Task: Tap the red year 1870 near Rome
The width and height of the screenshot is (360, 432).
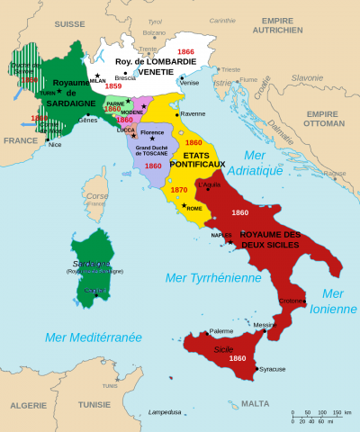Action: point(179,190)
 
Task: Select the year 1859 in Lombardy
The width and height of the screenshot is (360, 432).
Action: point(113,86)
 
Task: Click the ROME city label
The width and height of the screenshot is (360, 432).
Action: point(194,208)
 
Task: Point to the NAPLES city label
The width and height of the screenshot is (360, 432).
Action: point(221,235)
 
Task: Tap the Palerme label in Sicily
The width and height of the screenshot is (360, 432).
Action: point(220,331)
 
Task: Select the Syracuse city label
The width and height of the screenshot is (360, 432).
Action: point(273,369)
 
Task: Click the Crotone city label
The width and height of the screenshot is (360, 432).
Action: point(292,300)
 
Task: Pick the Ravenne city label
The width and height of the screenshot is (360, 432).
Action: point(193,114)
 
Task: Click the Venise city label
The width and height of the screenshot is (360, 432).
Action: point(189,82)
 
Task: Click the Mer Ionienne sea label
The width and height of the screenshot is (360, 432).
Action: point(332,301)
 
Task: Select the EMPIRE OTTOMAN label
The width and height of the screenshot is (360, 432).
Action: point(320,120)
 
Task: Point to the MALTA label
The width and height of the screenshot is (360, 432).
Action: point(256,403)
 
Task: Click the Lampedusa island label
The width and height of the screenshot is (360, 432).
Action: point(165,411)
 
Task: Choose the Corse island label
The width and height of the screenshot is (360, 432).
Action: point(95,195)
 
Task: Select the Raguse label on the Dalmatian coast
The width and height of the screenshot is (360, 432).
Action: point(334,173)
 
